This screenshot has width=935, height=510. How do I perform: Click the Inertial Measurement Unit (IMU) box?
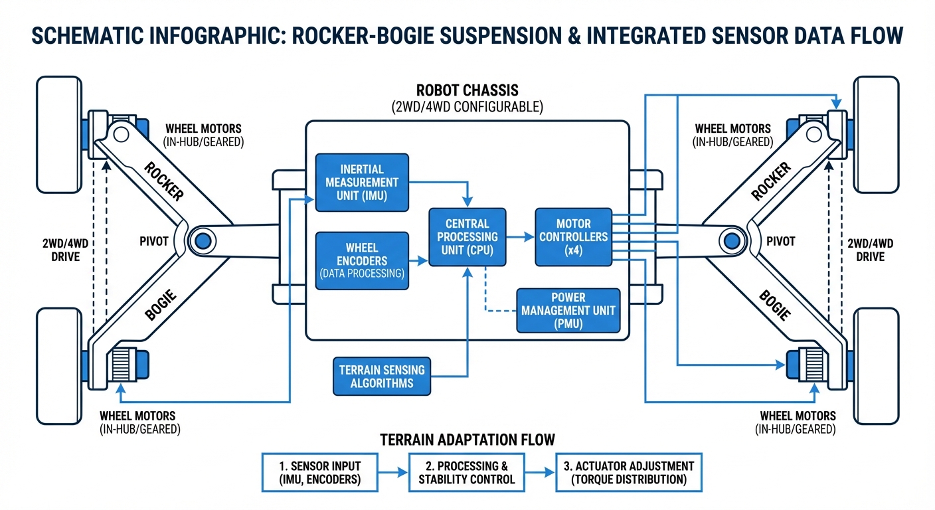(362, 183)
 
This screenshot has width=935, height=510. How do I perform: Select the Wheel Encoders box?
(362, 261)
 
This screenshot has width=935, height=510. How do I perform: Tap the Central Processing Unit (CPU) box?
(467, 237)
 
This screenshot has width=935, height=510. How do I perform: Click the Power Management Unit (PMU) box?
(568, 311)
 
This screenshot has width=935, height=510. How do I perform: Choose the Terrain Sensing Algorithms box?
(381, 376)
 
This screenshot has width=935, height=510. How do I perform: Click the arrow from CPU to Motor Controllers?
(521, 236)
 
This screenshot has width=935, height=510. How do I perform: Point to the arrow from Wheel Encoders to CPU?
(418, 261)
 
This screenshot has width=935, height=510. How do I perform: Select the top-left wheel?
(58, 134)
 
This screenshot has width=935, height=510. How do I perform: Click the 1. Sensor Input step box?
(320, 472)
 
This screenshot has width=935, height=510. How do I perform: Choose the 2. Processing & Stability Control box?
(466, 472)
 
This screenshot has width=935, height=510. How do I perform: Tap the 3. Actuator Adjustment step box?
(628, 472)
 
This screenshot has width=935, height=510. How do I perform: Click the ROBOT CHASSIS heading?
(467, 90)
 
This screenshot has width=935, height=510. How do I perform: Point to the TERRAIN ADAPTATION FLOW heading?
(467, 440)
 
